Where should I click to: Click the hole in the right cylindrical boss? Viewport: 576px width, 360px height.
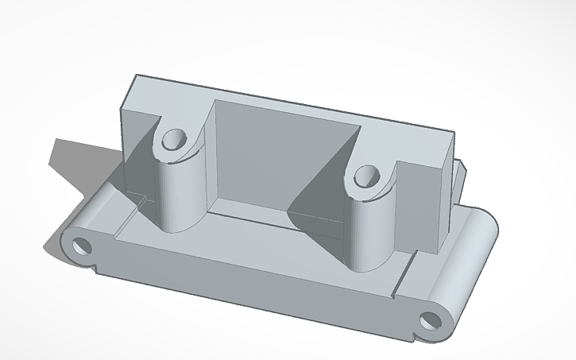pos(367,175)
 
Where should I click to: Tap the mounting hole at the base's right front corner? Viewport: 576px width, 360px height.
pos(430,320)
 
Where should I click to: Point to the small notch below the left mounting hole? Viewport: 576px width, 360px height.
pos(95,266)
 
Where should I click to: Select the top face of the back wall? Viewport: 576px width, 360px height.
pos(286,99)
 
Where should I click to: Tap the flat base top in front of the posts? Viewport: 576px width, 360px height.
pos(262,254)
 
